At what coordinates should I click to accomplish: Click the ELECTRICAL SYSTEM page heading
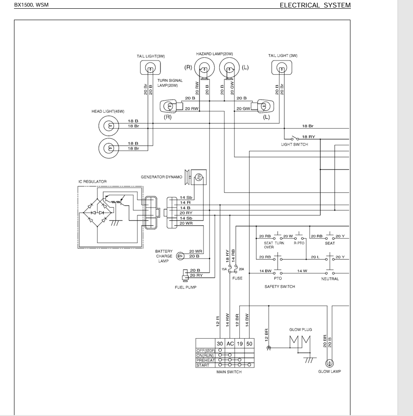click(315, 5)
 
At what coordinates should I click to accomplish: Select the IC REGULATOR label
click(92, 182)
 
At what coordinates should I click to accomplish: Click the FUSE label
click(237, 278)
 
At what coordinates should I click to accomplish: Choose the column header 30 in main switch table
click(220, 344)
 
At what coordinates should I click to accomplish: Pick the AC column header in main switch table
click(230, 344)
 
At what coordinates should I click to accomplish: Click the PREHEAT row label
click(205, 360)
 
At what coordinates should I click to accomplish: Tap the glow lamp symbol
click(329, 363)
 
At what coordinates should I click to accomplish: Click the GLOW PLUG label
click(301, 329)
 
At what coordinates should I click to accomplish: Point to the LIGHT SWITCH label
click(294, 144)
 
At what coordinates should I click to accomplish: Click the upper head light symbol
click(109, 126)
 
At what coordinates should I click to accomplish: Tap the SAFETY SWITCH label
click(280, 287)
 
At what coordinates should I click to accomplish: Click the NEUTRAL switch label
click(330, 279)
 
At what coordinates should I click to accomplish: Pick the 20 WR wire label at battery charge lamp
click(196, 251)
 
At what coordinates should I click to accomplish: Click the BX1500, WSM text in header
click(31, 5)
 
